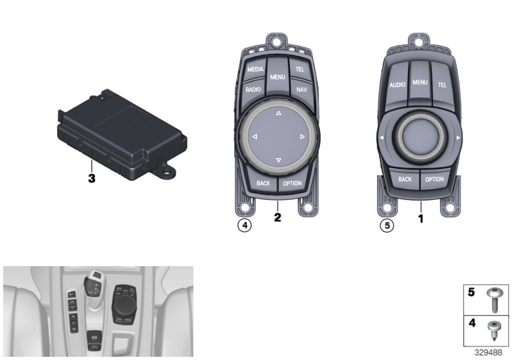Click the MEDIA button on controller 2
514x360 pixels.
[254, 69]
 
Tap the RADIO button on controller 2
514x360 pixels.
[253, 89]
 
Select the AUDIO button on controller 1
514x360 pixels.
[397, 85]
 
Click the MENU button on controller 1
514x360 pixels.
[420, 82]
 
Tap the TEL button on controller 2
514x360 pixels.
[299, 69]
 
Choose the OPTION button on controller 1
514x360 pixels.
[434, 179]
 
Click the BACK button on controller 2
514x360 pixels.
[263, 183]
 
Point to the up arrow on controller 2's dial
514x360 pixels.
[279, 113]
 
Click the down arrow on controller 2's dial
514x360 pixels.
[279, 160]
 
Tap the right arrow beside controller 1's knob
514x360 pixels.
[458, 138]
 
